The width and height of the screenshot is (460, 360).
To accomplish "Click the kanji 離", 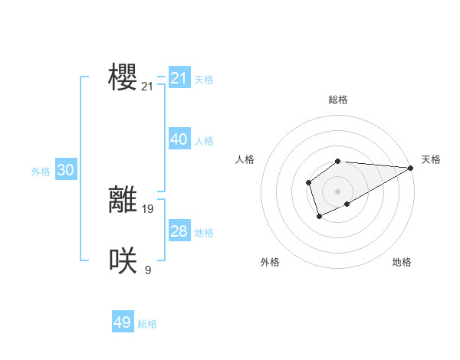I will tap(123, 199).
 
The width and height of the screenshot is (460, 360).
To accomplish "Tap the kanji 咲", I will tap(123, 260).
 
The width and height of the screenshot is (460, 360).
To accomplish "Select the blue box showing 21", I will tap(179, 78).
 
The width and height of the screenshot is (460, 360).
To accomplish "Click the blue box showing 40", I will tap(179, 139).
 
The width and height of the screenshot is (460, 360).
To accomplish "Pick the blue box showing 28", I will tap(179, 231).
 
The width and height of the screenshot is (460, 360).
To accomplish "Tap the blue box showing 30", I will tap(66, 171).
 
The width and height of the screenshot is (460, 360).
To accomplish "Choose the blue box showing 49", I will tap(123, 322).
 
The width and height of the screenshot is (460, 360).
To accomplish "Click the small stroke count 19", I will tap(148, 208).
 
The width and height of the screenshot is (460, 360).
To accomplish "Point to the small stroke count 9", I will tap(148, 270).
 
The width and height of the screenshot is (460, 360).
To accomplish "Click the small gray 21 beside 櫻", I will tap(148, 87).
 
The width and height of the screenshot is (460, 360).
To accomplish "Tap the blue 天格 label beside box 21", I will tap(204, 79).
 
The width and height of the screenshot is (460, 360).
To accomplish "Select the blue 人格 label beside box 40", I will tap(204, 141).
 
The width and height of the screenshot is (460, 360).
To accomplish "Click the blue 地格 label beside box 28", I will tap(204, 233).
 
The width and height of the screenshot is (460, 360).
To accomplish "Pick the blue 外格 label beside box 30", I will tap(41, 172).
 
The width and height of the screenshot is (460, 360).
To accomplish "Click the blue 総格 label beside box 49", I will tap(147, 324).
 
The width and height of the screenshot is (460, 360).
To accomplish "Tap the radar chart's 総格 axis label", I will tap(337, 100).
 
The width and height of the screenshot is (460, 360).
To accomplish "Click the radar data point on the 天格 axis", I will tap(410, 168).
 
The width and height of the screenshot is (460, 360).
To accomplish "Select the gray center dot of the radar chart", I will tap(337, 191).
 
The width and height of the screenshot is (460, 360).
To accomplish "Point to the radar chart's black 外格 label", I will tap(270, 262).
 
